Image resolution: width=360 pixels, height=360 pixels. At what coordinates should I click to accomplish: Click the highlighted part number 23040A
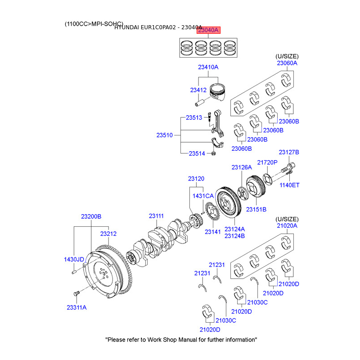pyautogui.click(x=208, y=31)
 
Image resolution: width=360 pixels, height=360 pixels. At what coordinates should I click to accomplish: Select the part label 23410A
pyautogui.click(x=208, y=67)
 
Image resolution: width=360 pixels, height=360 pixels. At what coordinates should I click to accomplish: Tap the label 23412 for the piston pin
pyautogui.click(x=198, y=90)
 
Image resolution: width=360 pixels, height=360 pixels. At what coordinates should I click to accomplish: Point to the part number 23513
pyautogui.click(x=194, y=118)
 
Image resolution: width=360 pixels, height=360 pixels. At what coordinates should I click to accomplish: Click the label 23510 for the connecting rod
pyautogui.click(x=165, y=135)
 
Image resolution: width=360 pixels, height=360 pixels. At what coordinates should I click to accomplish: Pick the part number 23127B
pyautogui.click(x=289, y=152)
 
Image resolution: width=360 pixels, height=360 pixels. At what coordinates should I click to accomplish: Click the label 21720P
pyautogui.click(x=267, y=162)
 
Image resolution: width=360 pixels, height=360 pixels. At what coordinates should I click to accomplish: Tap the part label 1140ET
pyautogui.click(x=289, y=185)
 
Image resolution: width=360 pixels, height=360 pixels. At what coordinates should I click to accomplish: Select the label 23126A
pyautogui.click(x=242, y=167)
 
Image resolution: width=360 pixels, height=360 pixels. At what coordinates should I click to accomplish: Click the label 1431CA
pyautogui.click(x=203, y=196)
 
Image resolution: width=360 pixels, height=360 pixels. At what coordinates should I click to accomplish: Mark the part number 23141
pyautogui.click(x=213, y=232)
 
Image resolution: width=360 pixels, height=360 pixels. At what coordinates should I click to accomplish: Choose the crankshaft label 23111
pyautogui.click(x=157, y=216)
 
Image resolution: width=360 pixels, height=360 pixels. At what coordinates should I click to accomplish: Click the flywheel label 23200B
pyautogui.click(x=91, y=216)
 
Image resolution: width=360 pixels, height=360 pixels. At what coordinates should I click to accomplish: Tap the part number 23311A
pyautogui.click(x=76, y=307)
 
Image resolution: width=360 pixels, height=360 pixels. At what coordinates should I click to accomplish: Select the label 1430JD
pyautogui.click(x=74, y=259)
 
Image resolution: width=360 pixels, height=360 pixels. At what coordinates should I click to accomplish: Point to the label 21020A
pyautogui.click(x=287, y=225)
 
